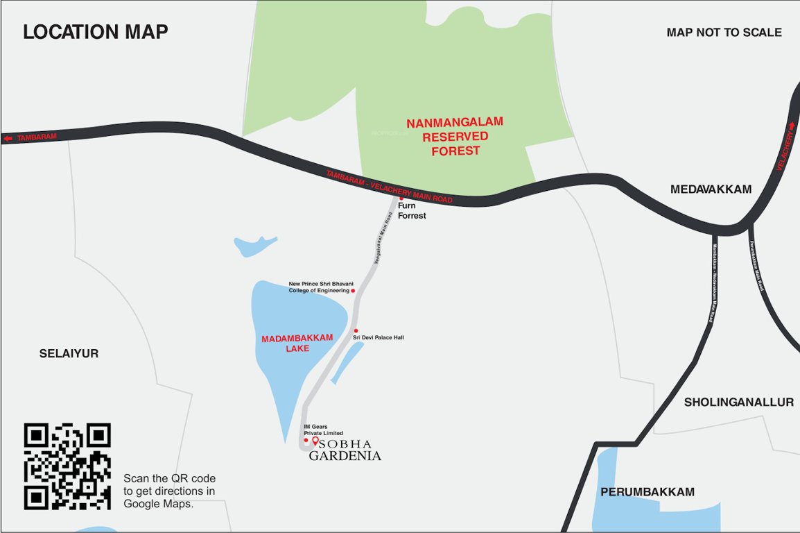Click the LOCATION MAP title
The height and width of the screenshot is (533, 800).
pyautogui.click(x=96, y=32)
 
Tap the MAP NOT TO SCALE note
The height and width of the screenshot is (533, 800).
pyautogui.click(x=724, y=33)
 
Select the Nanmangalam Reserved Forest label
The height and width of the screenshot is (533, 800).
pyautogui.click(x=455, y=136)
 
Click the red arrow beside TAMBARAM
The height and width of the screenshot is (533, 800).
pyautogui.click(x=8, y=139)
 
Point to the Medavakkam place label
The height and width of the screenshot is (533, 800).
pyautogui.click(x=711, y=189)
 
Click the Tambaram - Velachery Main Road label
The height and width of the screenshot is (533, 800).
pyautogui.click(x=389, y=186)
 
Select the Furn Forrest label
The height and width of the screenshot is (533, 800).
pyautogui.click(x=412, y=211)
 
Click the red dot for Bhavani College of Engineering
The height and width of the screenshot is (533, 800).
pyautogui.click(x=353, y=291)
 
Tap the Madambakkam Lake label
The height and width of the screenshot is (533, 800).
pyautogui.click(x=297, y=343)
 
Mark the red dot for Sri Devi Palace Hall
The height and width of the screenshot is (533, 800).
pyautogui.click(x=356, y=330)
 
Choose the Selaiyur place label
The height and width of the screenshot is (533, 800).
pyautogui.click(x=69, y=354)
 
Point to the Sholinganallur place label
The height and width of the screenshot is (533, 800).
pyautogui.click(x=738, y=403)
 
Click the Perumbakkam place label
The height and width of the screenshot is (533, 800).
pyautogui.click(x=647, y=492)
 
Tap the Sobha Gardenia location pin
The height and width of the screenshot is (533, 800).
pyautogui.click(x=315, y=441)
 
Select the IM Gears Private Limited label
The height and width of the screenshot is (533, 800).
pyautogui.click(x=323, y=430)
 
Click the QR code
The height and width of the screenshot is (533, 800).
pyautogui.click(x=67, y=466)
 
